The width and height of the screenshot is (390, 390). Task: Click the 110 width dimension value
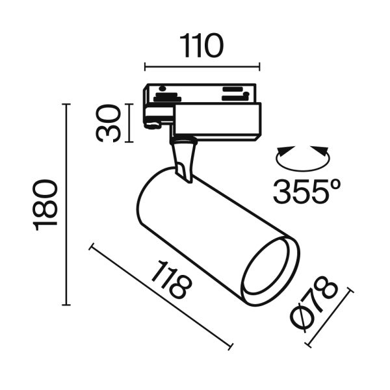tap(201, 46)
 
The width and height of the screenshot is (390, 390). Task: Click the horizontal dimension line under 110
tap(201, 66)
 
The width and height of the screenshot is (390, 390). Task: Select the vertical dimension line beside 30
tap(131, 122)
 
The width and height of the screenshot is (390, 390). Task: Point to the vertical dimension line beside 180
tap(66, 203)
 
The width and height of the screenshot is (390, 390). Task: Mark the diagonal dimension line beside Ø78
tap(328, 318)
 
